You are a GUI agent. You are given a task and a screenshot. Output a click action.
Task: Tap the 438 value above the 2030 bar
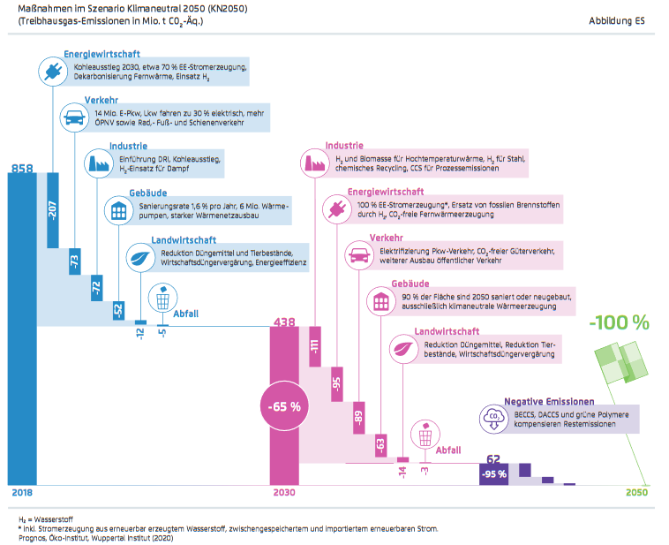(x=284, y=323)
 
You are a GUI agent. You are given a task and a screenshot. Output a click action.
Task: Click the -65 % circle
(x=284, y=407)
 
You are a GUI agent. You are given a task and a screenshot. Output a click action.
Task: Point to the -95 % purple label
(x=494, y=474)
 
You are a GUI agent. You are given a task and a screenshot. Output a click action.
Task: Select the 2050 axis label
(x=636, y=494)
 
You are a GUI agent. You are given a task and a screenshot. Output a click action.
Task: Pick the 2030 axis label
(x=284, y=494)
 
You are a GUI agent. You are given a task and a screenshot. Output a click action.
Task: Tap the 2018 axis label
(x=21, y=494)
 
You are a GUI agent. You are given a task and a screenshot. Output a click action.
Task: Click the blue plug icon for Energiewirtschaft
(x=51, y=71)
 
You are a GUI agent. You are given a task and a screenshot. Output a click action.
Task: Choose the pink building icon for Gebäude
(x=380, y=300)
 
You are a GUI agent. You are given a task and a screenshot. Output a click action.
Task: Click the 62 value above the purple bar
(x=493, y=458)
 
